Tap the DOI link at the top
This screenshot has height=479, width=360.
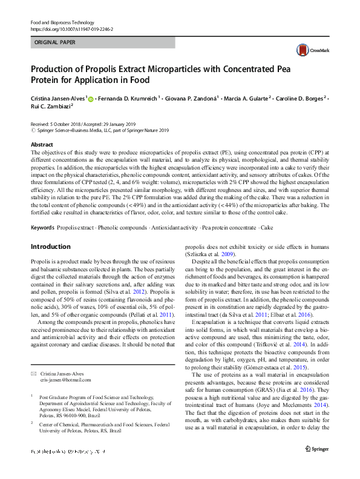coord(71,29)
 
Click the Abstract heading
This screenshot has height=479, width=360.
coord(42,145)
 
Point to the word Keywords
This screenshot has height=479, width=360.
coord(42,227)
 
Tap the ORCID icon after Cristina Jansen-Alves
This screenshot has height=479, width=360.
coord(91,97)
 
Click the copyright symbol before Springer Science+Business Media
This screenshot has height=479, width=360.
coord(33,130)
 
